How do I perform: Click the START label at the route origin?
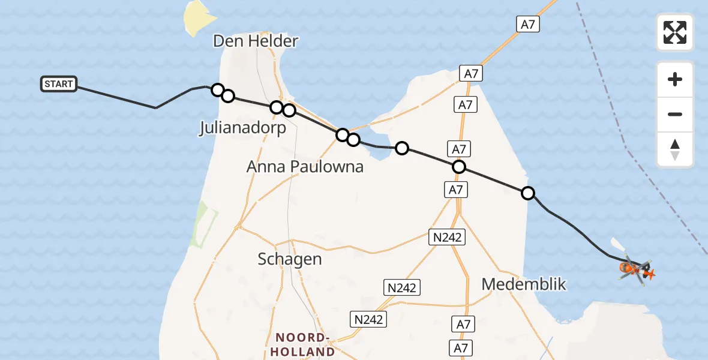coord(59,84)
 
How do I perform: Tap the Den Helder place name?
coord(255,41)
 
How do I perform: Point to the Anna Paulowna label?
coord(305,166)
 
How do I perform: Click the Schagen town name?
coord(290,259)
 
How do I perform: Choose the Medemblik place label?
coord(524,284)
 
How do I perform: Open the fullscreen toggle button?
coord(675,32)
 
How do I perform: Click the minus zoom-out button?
coord(675,115)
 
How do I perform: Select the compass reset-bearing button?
coord(675,149)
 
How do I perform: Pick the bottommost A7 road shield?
coord(460,347)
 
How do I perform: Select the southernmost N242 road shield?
coord(368,319)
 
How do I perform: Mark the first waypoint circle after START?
coord(218,89)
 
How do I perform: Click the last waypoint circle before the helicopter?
coord(528,193)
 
